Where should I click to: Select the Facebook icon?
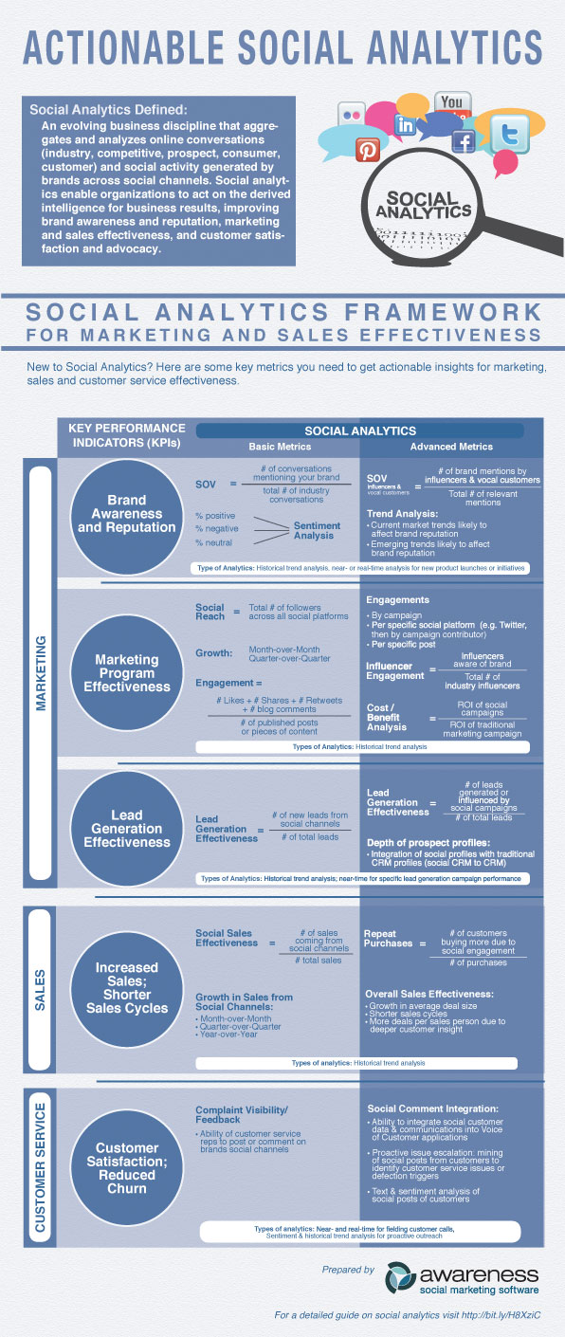pos(463,142)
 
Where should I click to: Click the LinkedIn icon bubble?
pos(406,124)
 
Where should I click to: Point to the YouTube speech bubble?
pos(452,104)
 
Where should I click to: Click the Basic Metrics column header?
pos(279,447)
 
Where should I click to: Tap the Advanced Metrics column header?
pos(451,447)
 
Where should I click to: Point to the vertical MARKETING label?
pos(42,671)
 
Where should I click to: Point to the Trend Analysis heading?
pos(403,512)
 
